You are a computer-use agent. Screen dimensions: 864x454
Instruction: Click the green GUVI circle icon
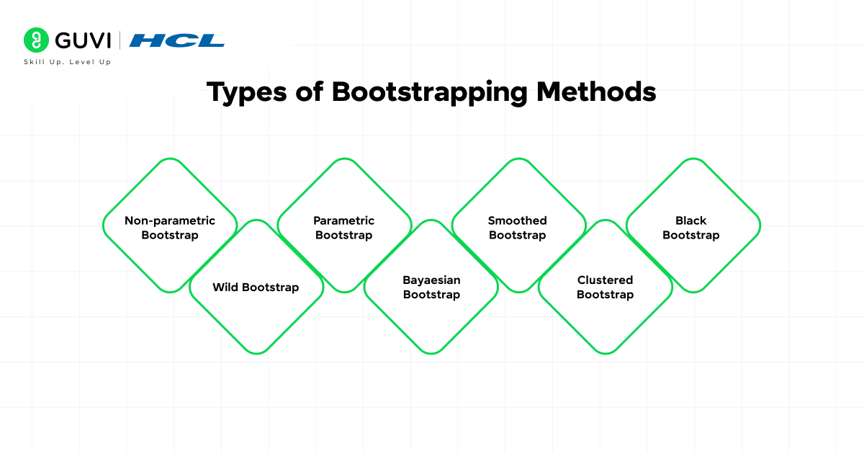[36, 40]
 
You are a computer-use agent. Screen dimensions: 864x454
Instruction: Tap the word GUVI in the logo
[83, 40]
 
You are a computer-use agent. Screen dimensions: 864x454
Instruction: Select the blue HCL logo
[176, 40]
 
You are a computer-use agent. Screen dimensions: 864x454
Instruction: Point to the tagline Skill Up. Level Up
[68, 62]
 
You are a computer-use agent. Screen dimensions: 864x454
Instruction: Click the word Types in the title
[247, 93]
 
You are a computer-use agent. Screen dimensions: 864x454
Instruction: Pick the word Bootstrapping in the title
[430, 93]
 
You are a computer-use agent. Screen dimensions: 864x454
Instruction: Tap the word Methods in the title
[596, 92]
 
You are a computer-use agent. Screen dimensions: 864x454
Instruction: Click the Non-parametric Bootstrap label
[170, 228]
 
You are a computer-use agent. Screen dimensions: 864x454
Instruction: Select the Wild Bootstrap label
[256, 288]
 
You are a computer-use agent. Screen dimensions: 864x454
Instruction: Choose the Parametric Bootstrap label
[343, 228]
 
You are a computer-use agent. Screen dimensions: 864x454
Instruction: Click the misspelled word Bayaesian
[431, 280]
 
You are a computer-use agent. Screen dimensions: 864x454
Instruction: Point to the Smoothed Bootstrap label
[517, 228]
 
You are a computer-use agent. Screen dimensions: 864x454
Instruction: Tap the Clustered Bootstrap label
[606, 288]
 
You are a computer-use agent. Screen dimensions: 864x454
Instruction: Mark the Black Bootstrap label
[690, 228]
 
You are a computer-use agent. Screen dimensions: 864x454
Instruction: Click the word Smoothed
[517, 221]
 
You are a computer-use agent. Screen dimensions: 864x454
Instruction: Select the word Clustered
[606, 280]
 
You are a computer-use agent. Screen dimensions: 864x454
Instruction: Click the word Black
[690, 221]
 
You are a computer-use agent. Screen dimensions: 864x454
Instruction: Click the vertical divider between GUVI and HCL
[120, 40]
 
